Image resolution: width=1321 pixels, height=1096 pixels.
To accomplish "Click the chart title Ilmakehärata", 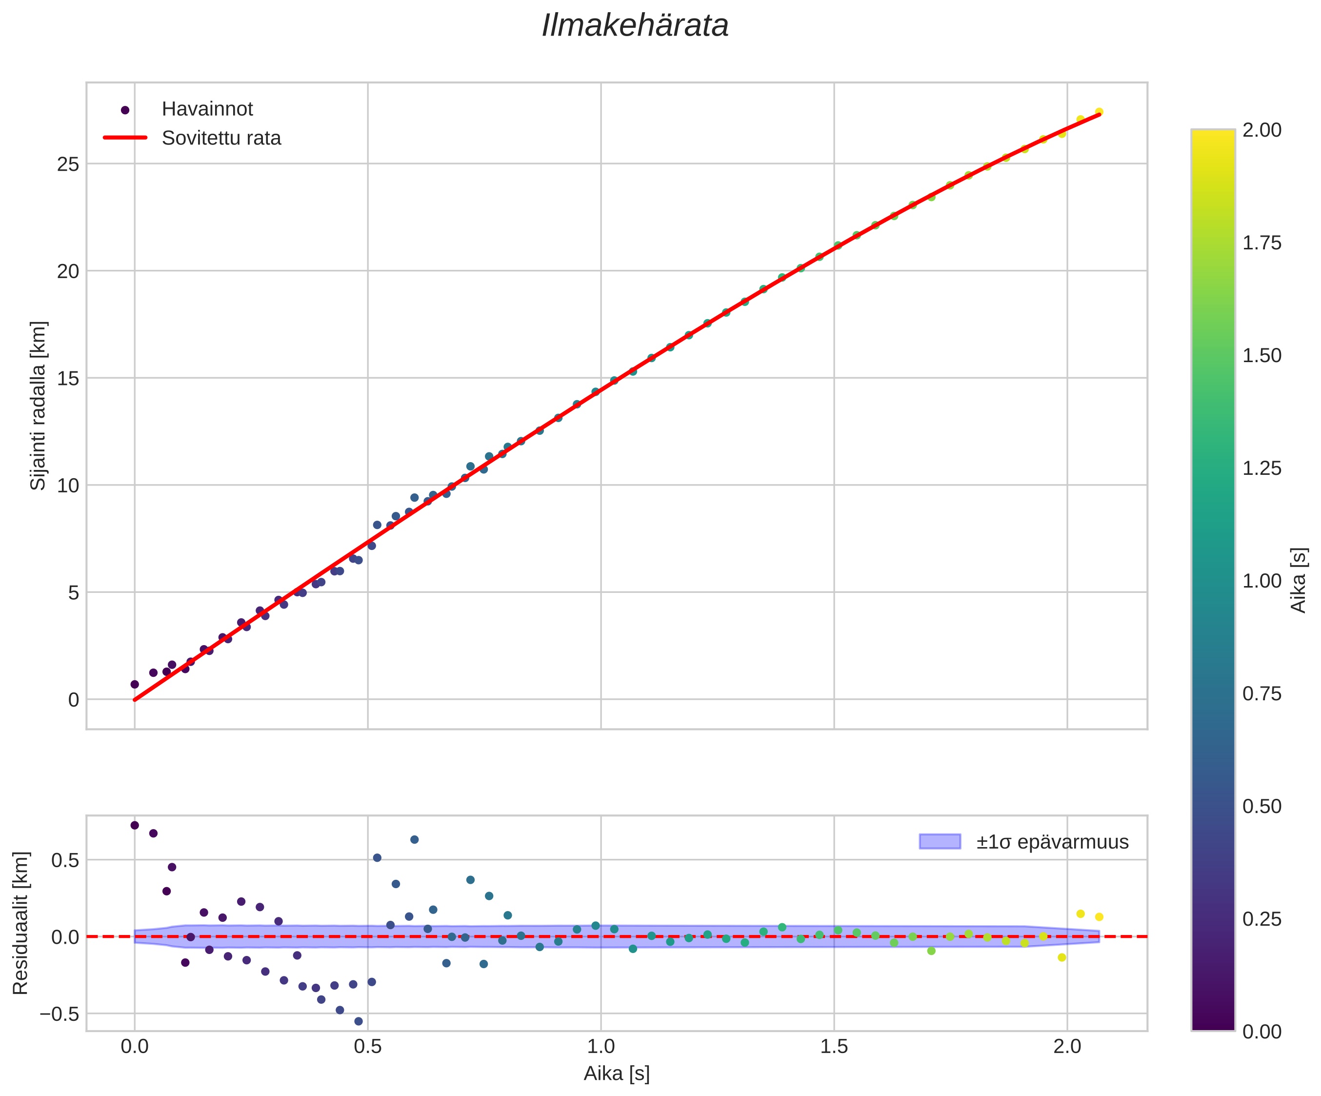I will (635, 26).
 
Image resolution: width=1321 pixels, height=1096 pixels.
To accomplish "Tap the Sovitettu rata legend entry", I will (221, 138).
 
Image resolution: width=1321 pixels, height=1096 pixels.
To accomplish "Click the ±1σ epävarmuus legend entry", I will (1052, 842).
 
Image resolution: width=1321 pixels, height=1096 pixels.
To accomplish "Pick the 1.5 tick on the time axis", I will (834, 1046).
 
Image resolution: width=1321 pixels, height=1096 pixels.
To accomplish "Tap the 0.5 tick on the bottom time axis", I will (367, 1046).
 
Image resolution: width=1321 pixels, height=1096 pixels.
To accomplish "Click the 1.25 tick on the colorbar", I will (1261, 468).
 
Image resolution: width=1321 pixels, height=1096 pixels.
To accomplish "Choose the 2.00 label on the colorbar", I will (1261, 130).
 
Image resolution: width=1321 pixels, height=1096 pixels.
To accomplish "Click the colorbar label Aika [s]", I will (1299, 580).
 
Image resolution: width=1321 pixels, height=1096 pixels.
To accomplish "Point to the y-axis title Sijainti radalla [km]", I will (39, 406).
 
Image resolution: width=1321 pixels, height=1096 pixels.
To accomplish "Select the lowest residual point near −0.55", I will (359, 1021).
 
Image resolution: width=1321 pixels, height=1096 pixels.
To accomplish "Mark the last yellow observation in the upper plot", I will (1099, 112).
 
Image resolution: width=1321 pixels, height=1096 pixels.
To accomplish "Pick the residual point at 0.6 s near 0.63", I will (415, 839).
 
